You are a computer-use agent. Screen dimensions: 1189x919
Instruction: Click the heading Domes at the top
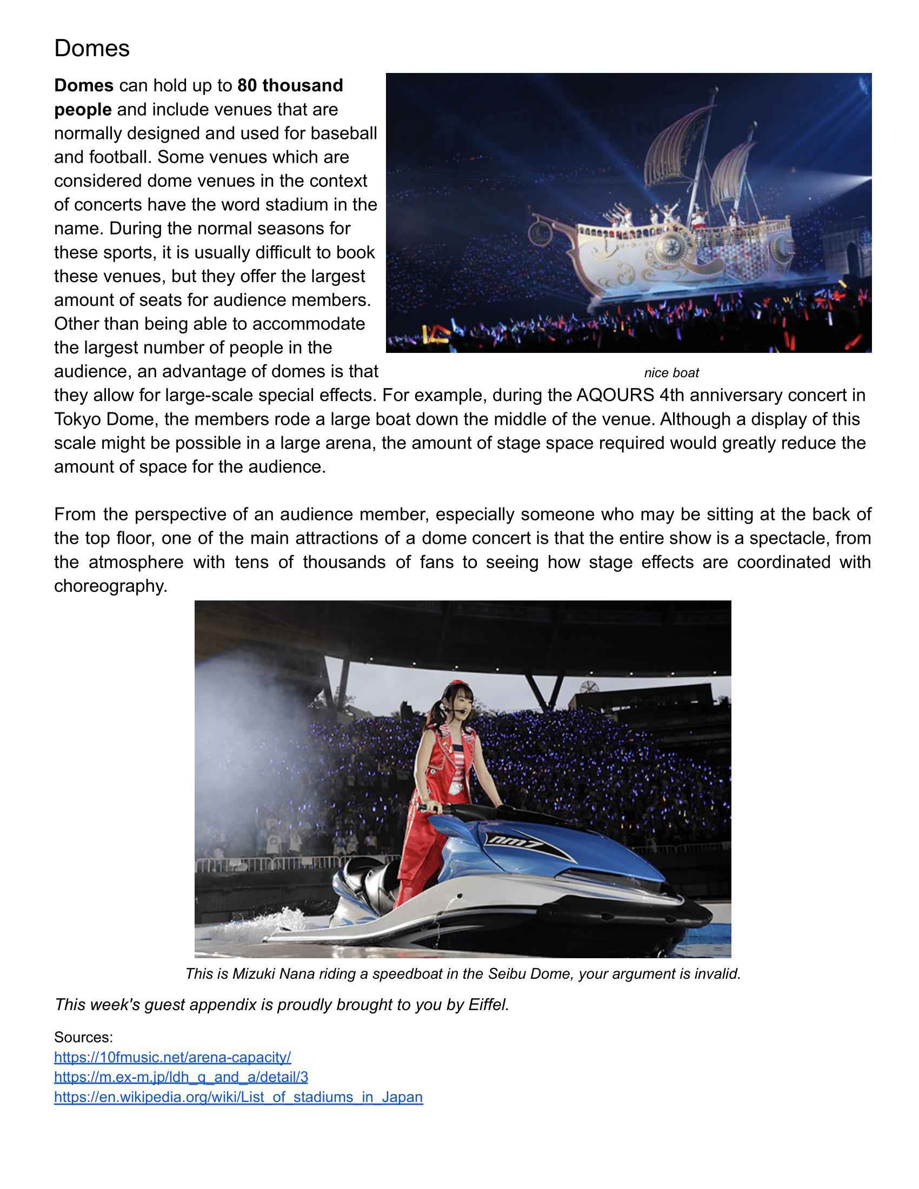tap(91, 49)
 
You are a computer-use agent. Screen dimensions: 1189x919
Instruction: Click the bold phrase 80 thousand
tap(290, 85)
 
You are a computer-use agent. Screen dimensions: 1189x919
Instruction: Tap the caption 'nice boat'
tap(671, 373)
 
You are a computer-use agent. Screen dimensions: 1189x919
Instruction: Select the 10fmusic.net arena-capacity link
tap(172, 1057)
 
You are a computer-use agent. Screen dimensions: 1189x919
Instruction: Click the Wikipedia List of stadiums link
tap(238, 1097)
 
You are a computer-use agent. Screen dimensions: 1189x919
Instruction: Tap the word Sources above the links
tap(83, 1037)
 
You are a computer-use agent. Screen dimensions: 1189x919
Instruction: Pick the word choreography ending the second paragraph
tap(110, 586)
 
